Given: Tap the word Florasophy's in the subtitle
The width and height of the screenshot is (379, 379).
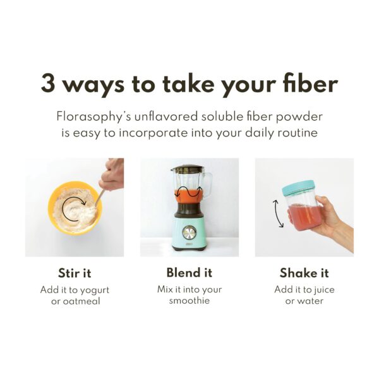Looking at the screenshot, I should [x=93, y=117].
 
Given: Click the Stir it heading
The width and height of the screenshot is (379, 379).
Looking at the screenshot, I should [x=75, y=274].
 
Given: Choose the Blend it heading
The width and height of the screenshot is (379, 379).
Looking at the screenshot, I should [x=189, y=273].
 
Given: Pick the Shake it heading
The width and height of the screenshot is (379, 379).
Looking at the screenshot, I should [x=304, y=274].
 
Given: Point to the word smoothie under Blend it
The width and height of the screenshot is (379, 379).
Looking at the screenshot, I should [x=189, y=301].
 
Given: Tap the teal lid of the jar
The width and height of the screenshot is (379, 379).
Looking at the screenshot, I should [x=298, y=188].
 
